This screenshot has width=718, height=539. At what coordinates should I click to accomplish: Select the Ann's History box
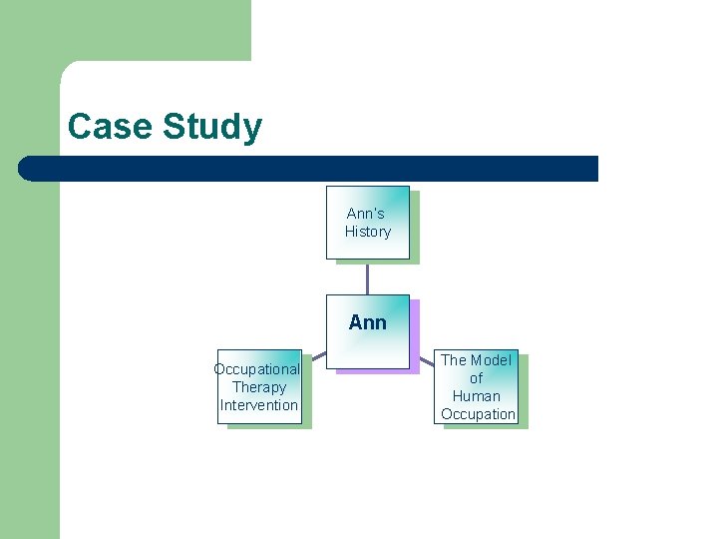click(x=368, y=222)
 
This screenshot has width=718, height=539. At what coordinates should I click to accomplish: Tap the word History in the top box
click(x=368, y=232)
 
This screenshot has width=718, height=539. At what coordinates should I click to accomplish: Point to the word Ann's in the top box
click(x=366, y=214)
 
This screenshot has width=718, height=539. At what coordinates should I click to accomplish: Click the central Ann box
click(x=368, y=332)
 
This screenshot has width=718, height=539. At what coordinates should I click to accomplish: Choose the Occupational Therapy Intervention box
click(x=259, y=387)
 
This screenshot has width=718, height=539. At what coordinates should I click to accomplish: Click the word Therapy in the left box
click(x=259, y=387)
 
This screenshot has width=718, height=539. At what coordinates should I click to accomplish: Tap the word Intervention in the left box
click(x=259, y=405)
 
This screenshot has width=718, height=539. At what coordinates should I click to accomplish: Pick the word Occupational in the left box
click(x=257, y=369)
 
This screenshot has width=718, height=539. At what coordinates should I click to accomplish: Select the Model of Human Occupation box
click(x=477, y=387)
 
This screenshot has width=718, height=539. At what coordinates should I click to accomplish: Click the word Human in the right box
click(x=476, y=396)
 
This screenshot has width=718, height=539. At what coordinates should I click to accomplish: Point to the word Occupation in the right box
click(x=479, y=414)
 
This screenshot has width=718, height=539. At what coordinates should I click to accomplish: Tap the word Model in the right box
click(x=490, y=360)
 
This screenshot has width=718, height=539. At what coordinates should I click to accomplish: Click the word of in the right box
click(x=476, y=378)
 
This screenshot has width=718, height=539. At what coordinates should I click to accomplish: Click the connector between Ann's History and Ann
click(x=368, y=276)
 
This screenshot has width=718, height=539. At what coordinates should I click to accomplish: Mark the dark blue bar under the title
click(x=319, y=169)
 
